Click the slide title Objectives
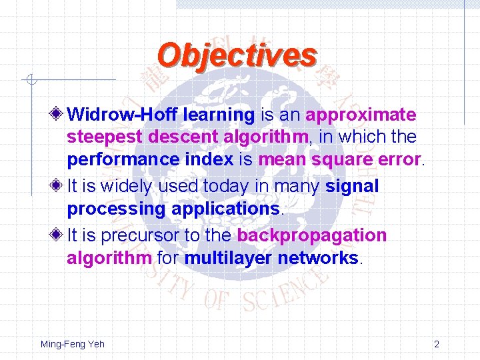(237, 55)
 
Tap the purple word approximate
(361, 115)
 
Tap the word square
(338, 160)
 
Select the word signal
(352, 186)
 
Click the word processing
(116, 209)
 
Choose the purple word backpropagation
(311, 236)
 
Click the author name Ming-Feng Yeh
(72, 344)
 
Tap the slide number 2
(436, 344)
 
